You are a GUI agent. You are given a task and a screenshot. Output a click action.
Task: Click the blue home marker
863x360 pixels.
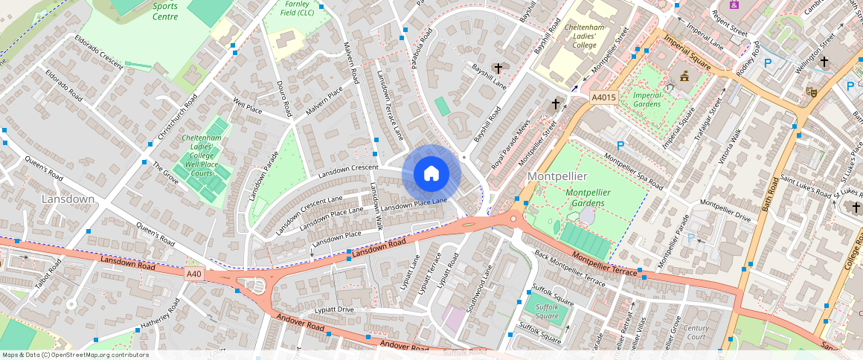click(431, 174)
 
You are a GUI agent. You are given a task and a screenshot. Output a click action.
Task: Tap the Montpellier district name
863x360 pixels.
click(557, 176)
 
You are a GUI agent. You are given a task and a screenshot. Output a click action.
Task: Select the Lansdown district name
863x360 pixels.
click(68, 199)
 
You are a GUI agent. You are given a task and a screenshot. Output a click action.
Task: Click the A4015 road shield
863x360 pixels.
click(603, 97)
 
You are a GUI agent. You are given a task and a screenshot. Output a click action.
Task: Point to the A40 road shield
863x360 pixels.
click(194, 274)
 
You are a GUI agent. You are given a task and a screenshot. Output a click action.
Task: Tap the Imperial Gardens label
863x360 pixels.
click(647, 99)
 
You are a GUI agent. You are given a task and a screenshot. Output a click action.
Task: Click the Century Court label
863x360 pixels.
click(696, 332)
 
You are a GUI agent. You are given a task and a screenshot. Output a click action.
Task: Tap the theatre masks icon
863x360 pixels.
click(812, 91)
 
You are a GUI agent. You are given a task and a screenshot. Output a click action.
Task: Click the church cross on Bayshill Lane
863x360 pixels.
click(498, 68)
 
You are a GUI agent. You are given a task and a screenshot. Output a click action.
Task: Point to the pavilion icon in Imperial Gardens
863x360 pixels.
click(684, 76)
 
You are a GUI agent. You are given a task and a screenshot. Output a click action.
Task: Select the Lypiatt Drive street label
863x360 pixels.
click(334, 309)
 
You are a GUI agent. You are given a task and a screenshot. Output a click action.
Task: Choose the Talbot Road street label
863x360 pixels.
click(47, 274)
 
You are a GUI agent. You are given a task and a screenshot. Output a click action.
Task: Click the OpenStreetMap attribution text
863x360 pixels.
click(75, 355)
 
